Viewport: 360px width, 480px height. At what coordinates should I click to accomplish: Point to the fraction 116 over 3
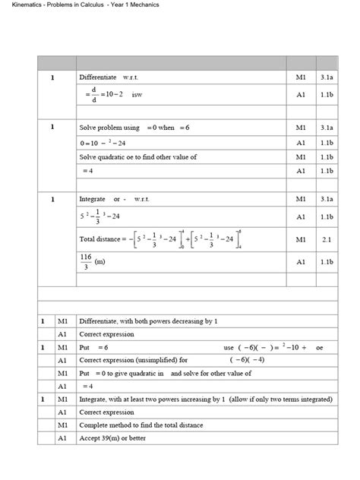[86, 261]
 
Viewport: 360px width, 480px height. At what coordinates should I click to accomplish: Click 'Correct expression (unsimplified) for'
[133, 360]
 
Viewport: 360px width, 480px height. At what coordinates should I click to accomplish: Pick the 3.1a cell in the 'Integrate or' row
[327, 199]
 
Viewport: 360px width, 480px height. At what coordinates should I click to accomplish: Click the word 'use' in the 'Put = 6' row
[229, 347]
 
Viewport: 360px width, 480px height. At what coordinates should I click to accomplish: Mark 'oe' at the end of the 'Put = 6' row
[320, 347]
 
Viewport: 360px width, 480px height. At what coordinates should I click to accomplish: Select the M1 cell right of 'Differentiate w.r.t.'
[301, 78]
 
